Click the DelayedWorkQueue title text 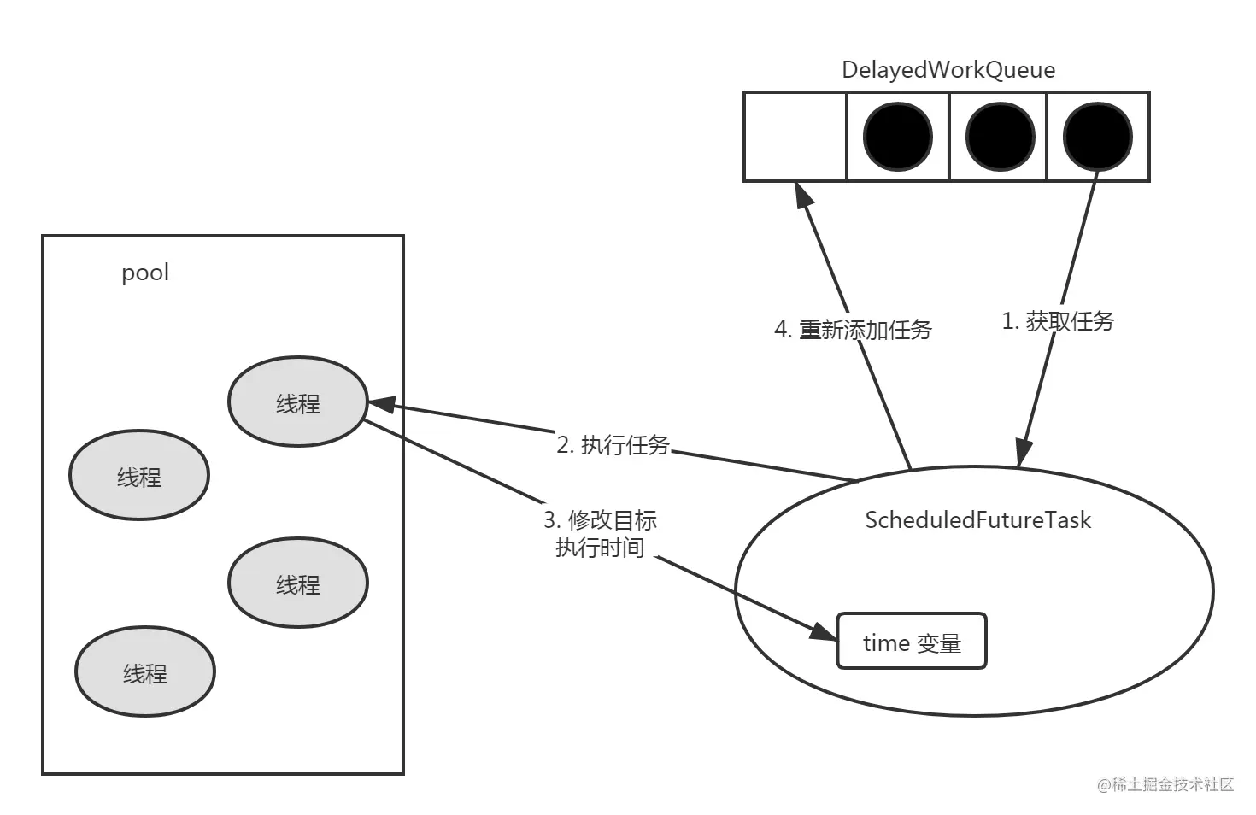[948, 70]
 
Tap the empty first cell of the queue [795, 137]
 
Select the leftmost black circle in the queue [897, 137]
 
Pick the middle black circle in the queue [999, 137]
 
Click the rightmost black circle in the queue [1097, 137]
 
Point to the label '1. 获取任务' [1058, 322]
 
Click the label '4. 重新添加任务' [853, 330]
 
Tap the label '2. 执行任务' [613, 445]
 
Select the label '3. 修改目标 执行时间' [601, 534]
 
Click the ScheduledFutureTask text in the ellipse [977, 520]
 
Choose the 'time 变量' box [912, 642]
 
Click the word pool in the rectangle [145, 273]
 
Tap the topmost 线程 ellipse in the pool [297, 402]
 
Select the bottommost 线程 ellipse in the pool [144, 672]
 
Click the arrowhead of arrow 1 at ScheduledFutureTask [1023, 453]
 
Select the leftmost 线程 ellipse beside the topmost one [138, 476]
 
